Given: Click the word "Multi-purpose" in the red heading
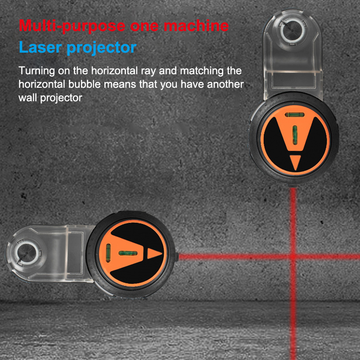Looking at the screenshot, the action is (x=72, y=26).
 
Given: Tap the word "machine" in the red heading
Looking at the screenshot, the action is (x=196, y=26).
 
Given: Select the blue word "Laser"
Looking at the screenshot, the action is (x=40, y=47).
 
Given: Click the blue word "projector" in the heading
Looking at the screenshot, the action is (x=102, y=48).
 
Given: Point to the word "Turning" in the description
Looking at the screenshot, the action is (x=36, y=71).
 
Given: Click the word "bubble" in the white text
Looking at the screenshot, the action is (x=85, y=84).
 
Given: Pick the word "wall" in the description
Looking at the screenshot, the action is (x=28, y=98).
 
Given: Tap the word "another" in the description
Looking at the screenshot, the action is (x=225, y=84).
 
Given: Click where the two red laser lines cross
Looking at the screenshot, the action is (x=293, y=256).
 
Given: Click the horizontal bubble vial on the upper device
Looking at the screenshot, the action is (x=295, y=115).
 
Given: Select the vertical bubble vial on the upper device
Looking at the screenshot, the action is (x=295, y=135).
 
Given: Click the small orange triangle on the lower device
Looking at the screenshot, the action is (x=154, y=253).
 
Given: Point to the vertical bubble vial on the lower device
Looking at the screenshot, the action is (x=108, y=253).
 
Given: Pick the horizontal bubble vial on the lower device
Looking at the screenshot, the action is (x=128, y=253).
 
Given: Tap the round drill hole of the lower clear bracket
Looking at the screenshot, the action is (x=27, y=253).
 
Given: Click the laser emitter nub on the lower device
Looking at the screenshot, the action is (x=177, y=256).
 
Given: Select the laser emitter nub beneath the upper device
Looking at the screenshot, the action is (x=292, y=185).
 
